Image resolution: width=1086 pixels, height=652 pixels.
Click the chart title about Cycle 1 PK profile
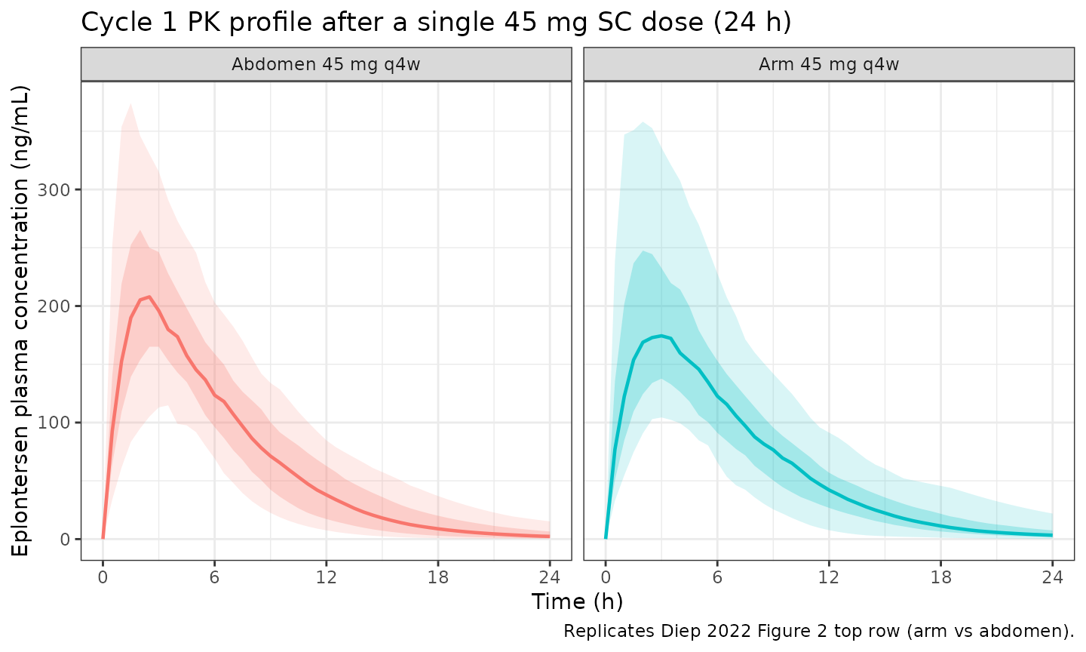click(x=436, y=23)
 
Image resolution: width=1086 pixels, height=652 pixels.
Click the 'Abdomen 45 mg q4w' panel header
click(x=326, y=65)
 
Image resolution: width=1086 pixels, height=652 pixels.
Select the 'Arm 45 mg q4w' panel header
click(x=829, y=65)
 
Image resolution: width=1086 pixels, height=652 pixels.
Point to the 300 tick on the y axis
click(x=54, y=189)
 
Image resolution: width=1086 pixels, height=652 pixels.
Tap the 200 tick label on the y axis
click(x=54, y=306)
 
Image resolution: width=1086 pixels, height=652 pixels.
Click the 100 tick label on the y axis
click(x=54, y=423)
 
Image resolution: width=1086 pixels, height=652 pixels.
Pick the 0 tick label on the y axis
click(x=65, y=539)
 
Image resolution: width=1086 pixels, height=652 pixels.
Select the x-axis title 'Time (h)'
click(x=577, y=601)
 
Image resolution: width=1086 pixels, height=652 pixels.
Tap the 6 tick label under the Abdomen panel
click(x=214, y=577)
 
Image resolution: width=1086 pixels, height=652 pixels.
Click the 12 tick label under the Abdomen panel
click(x=327, y=577)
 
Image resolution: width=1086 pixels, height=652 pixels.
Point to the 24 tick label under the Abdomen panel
click(x=550, y=577)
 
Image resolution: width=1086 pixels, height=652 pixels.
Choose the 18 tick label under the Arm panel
click(x=940, y=577)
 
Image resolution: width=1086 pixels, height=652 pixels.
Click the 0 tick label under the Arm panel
click(x=606, y=577)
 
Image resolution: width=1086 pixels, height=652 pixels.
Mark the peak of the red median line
click(x=149, y=297)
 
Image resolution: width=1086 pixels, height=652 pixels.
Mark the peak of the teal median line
click(x=661, y=336)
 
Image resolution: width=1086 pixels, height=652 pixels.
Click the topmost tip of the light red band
click(x=131, y=103)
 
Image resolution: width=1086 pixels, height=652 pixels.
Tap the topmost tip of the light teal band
click(x=643, y=122)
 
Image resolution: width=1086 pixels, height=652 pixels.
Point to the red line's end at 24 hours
click(x=550, y=537)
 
